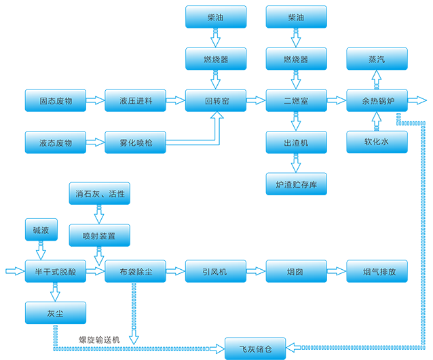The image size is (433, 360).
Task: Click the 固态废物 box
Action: coord(56,100)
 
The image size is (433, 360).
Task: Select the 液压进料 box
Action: coord(135,100)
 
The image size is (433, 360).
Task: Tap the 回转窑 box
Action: coord(216,100)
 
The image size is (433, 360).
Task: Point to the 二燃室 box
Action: coord(296,100)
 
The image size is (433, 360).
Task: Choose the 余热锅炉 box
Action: coord(377,100)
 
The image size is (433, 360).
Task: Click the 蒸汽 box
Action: coord(377,59)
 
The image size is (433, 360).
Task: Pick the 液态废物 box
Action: coord(56,142)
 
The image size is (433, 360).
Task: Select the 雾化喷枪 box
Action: coord(135,142)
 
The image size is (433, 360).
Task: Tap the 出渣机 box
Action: coord(296,142)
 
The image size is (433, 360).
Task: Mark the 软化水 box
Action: coord(377,142)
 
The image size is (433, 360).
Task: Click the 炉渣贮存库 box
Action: coord(296,184)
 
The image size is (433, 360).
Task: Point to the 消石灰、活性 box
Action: coord(99,194)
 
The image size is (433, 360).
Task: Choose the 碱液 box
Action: coord(36,231)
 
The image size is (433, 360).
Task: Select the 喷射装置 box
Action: coord(99,236)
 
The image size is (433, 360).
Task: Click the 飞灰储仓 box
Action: coord(255,348)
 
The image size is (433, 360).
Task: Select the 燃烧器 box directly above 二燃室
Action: coord(296,59)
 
